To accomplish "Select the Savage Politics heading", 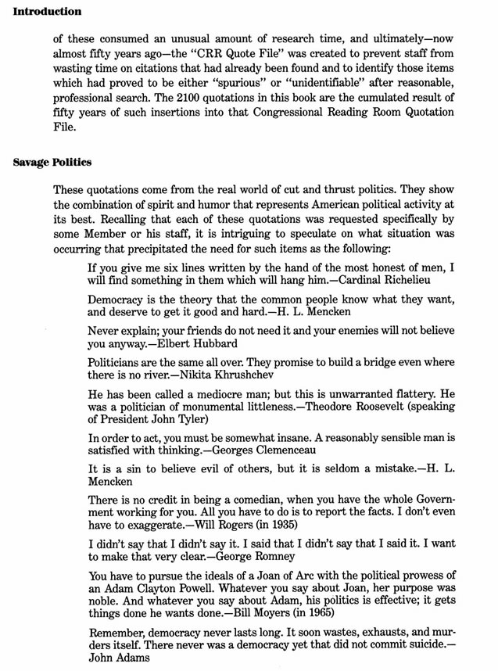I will tap(52, 163).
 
